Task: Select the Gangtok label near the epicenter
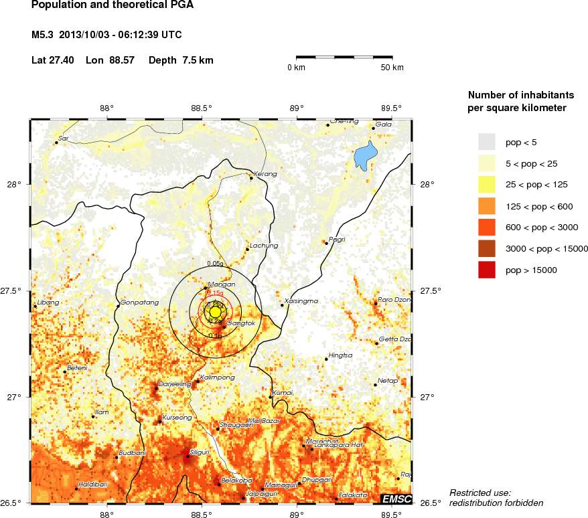241,323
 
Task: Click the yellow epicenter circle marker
215,312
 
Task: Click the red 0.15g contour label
215,293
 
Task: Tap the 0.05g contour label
216,264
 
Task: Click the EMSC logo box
396,499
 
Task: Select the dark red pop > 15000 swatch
486,270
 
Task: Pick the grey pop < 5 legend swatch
486,141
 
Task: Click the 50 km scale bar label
392,68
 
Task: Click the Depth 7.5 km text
181,60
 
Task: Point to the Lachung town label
263,246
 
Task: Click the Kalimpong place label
218,377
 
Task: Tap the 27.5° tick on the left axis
15,291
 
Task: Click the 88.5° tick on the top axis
201,108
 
